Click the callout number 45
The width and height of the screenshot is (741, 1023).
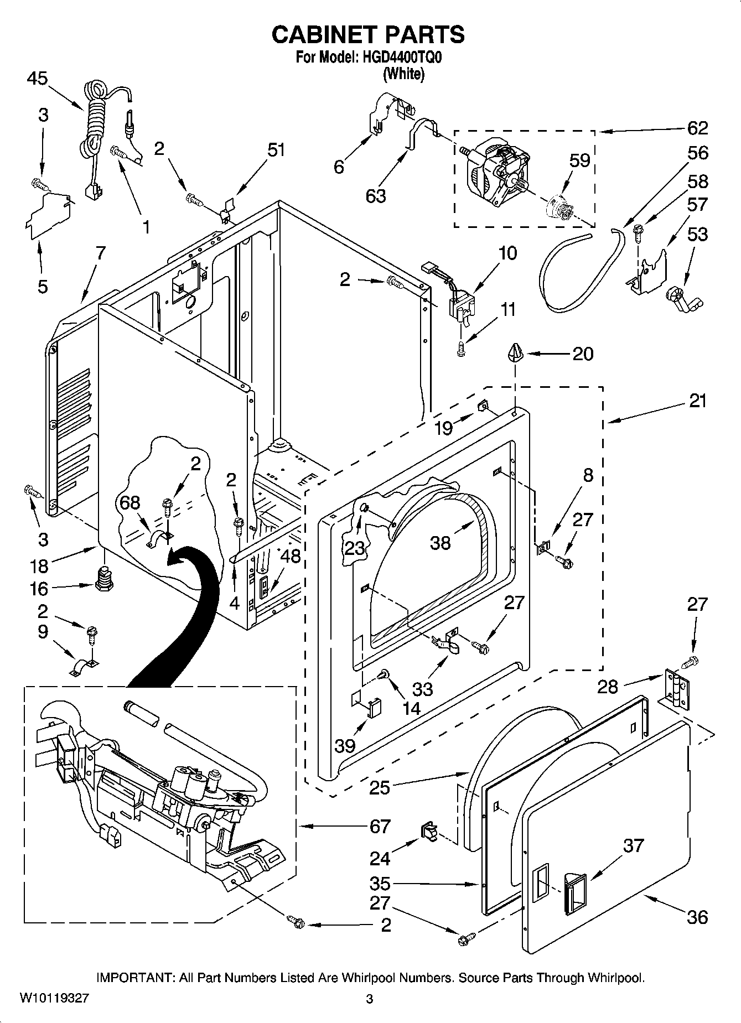pyautogui.click(x=37, y=79)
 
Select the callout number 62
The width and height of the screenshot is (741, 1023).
pyautogui.click(x=697, y=128)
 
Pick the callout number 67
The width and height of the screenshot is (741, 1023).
pyautogui.click(x=380, y=826)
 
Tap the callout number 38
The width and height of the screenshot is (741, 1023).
pyautogui.click(x=440, y=543)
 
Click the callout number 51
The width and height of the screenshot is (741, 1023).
pyautogui.click(x=276, y=149)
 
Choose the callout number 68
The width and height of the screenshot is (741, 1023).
pyautogui.click(x=130, y=502)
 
